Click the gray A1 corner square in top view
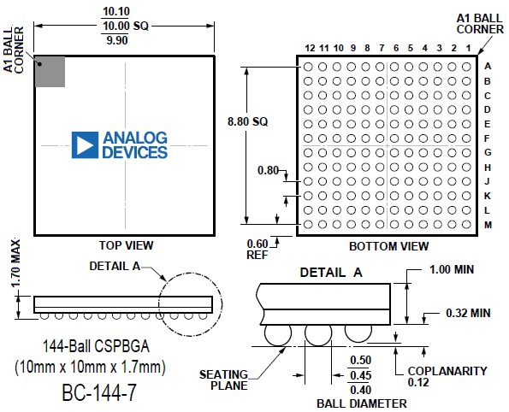[x=50, y=72]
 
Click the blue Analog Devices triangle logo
[x=85, y=145]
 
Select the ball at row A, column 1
[x=466, y=67]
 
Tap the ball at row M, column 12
[x=308, y=224]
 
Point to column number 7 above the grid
[x=382, y=49]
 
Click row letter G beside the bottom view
[x=488, y=152]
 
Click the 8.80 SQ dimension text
[x=248, y=121]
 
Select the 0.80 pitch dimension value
[x=268, y=170]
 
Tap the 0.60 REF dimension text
[x=257, y=249]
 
